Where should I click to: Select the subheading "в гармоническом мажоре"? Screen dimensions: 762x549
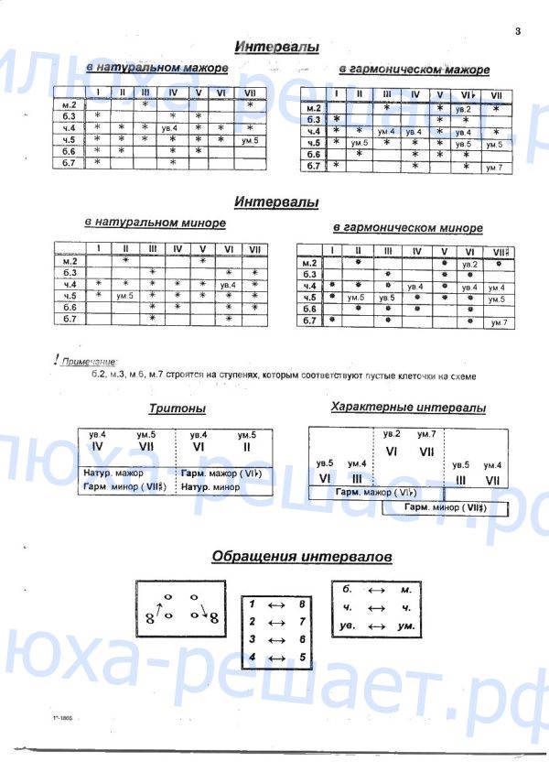pos(414,70)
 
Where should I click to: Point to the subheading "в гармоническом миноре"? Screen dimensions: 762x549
pos(408,228)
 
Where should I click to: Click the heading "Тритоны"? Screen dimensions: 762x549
pos(178,408)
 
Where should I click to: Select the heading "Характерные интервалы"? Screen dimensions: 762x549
pos(408,408)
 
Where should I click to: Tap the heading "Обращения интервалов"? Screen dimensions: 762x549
pos(302,556)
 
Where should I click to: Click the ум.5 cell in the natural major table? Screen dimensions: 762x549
pos(249,140)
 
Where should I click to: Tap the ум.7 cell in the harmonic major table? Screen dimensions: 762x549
pos(494,167)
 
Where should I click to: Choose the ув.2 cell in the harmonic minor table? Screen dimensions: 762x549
pos(469,264)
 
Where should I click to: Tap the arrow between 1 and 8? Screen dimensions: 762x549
pos(275,605)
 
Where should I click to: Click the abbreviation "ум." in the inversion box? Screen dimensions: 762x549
pos(407,626)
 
